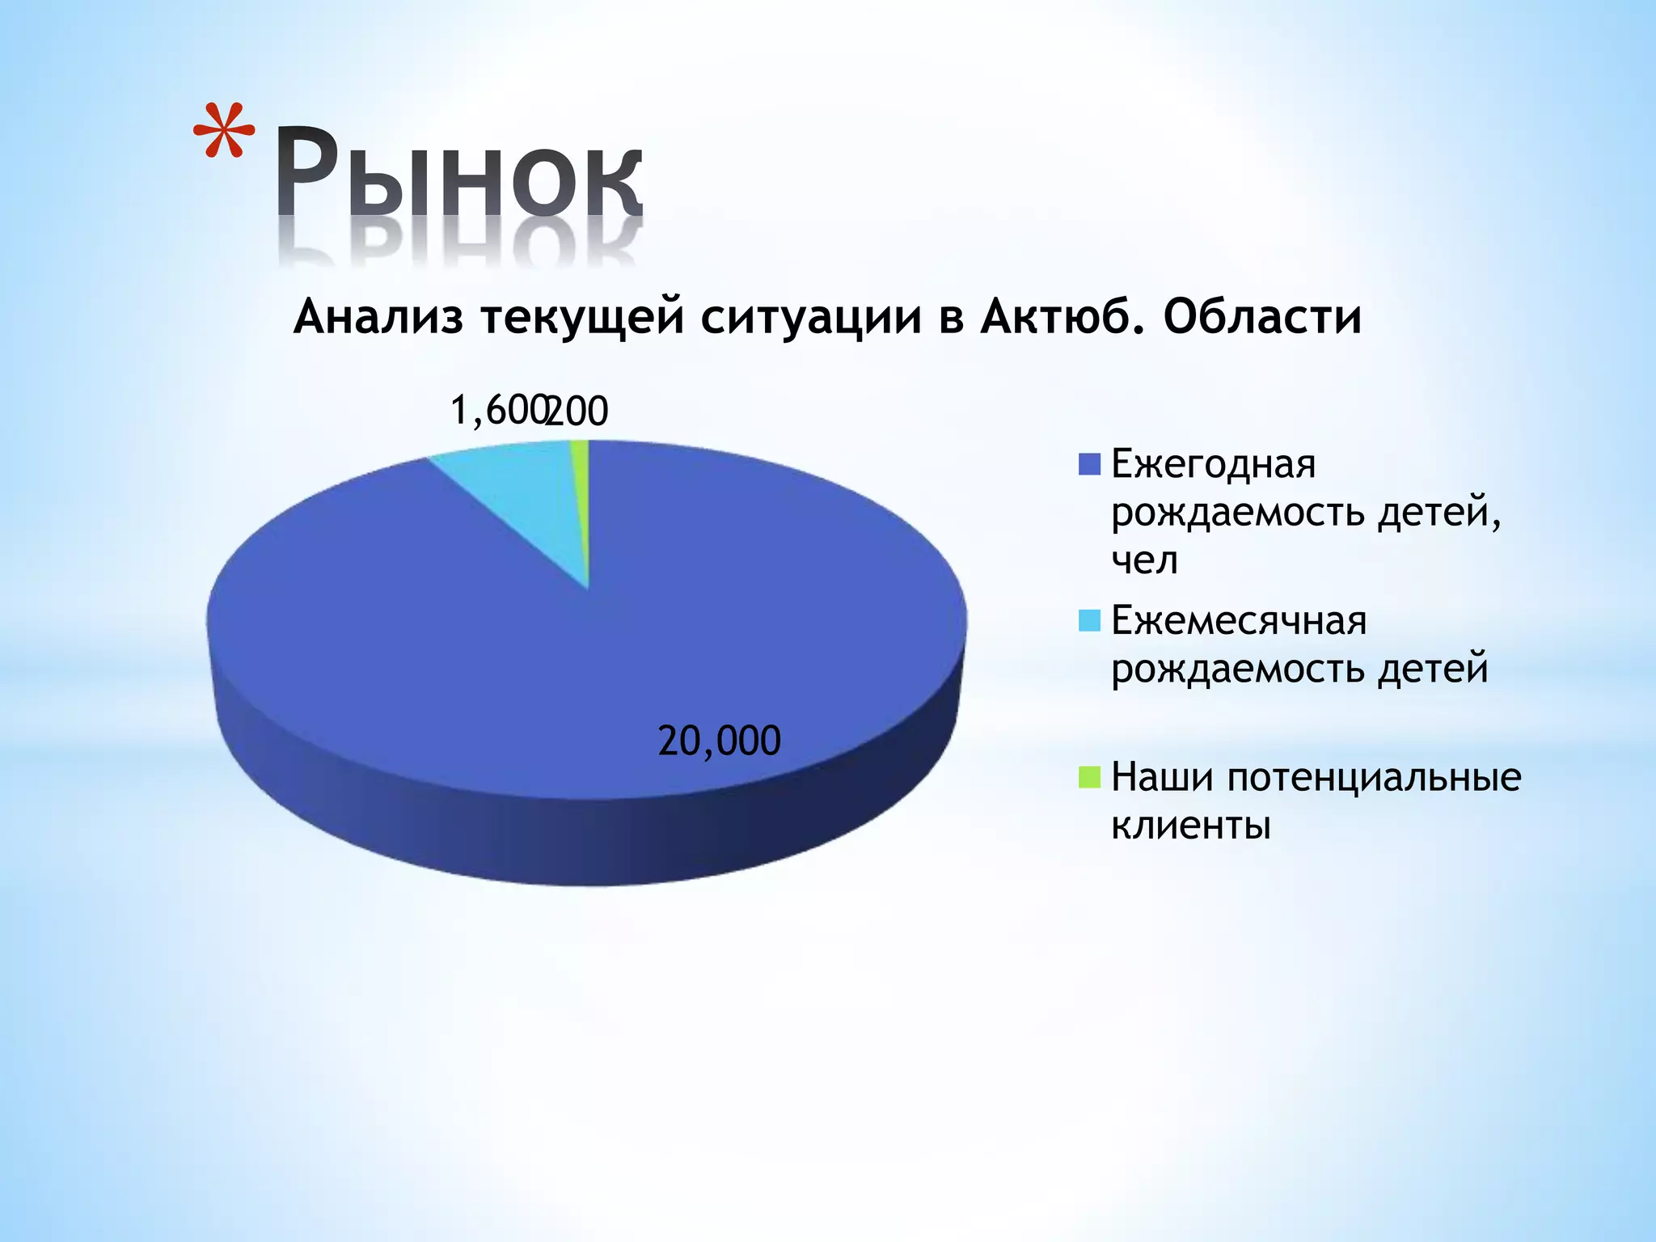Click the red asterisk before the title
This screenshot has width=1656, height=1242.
[224, 130]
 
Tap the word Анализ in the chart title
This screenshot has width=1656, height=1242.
[378, 316]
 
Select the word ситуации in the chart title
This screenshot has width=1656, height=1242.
[810, 316]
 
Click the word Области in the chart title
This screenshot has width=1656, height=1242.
[1262, 316]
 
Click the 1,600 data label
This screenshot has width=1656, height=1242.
[496, 410]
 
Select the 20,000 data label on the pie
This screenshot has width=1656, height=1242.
[719, 741]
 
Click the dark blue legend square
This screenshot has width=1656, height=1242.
[1089, 464]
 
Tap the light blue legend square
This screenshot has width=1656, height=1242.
[1089, 620]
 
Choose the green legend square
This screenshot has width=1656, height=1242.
[1089, 777]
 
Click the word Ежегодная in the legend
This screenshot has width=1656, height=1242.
[1214, 464]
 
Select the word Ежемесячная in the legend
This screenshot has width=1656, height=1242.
[1239, 620]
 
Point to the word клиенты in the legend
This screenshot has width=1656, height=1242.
[1191, 826]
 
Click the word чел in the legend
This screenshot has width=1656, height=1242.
[1144, 560]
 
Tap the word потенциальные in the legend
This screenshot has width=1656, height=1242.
[1374, 777]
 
